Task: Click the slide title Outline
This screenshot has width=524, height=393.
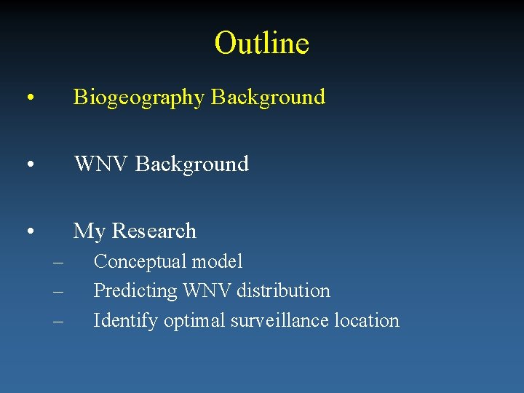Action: [x=262, y=43]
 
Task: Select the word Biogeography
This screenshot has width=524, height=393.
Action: [x=139, y=98]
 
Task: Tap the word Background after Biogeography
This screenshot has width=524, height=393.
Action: [x=268, y=97]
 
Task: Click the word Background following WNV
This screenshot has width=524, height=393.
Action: [x=191, y=164]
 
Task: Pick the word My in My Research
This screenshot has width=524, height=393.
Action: [x=90, y=231]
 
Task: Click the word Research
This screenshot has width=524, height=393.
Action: [x=154, y=231]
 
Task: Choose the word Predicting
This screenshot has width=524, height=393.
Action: [x=136, y=291]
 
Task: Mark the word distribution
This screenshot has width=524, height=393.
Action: [x=282, y=290]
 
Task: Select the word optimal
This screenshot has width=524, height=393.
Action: [x=194, y=321]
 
